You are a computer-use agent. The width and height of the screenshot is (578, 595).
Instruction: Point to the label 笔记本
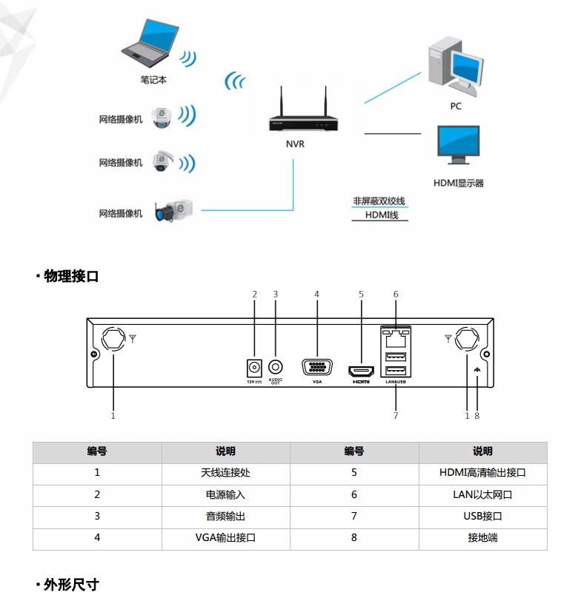[x=153, y=80]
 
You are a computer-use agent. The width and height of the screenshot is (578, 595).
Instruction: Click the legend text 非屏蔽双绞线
[x=379, y=201]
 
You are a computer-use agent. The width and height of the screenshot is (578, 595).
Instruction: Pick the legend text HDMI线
[x=382, y=215]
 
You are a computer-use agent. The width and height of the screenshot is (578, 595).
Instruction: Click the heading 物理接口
[x=72, y=276]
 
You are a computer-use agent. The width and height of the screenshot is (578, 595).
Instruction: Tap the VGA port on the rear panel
[x=317, y=368]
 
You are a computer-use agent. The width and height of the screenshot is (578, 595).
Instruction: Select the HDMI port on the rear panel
[x=361, y=370]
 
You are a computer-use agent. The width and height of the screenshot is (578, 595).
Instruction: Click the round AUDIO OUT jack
[x=276, y=366]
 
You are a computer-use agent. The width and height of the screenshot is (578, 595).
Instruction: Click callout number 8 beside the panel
[x=477, y=416]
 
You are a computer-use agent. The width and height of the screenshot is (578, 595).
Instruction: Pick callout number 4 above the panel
[x=316, y=294]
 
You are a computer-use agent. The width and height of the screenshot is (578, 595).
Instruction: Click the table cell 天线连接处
[x=225, y=473]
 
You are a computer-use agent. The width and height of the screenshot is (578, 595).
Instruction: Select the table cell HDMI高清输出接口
[x=482, y=473]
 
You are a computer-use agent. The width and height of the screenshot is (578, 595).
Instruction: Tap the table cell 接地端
[x=482, y=538]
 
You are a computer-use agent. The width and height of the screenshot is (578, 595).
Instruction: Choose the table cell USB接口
[x=482, y=517]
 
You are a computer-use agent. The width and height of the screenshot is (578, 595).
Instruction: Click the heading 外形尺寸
[x=72, y=585]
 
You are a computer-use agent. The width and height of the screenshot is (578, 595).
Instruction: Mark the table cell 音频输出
[x=225, y=517]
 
